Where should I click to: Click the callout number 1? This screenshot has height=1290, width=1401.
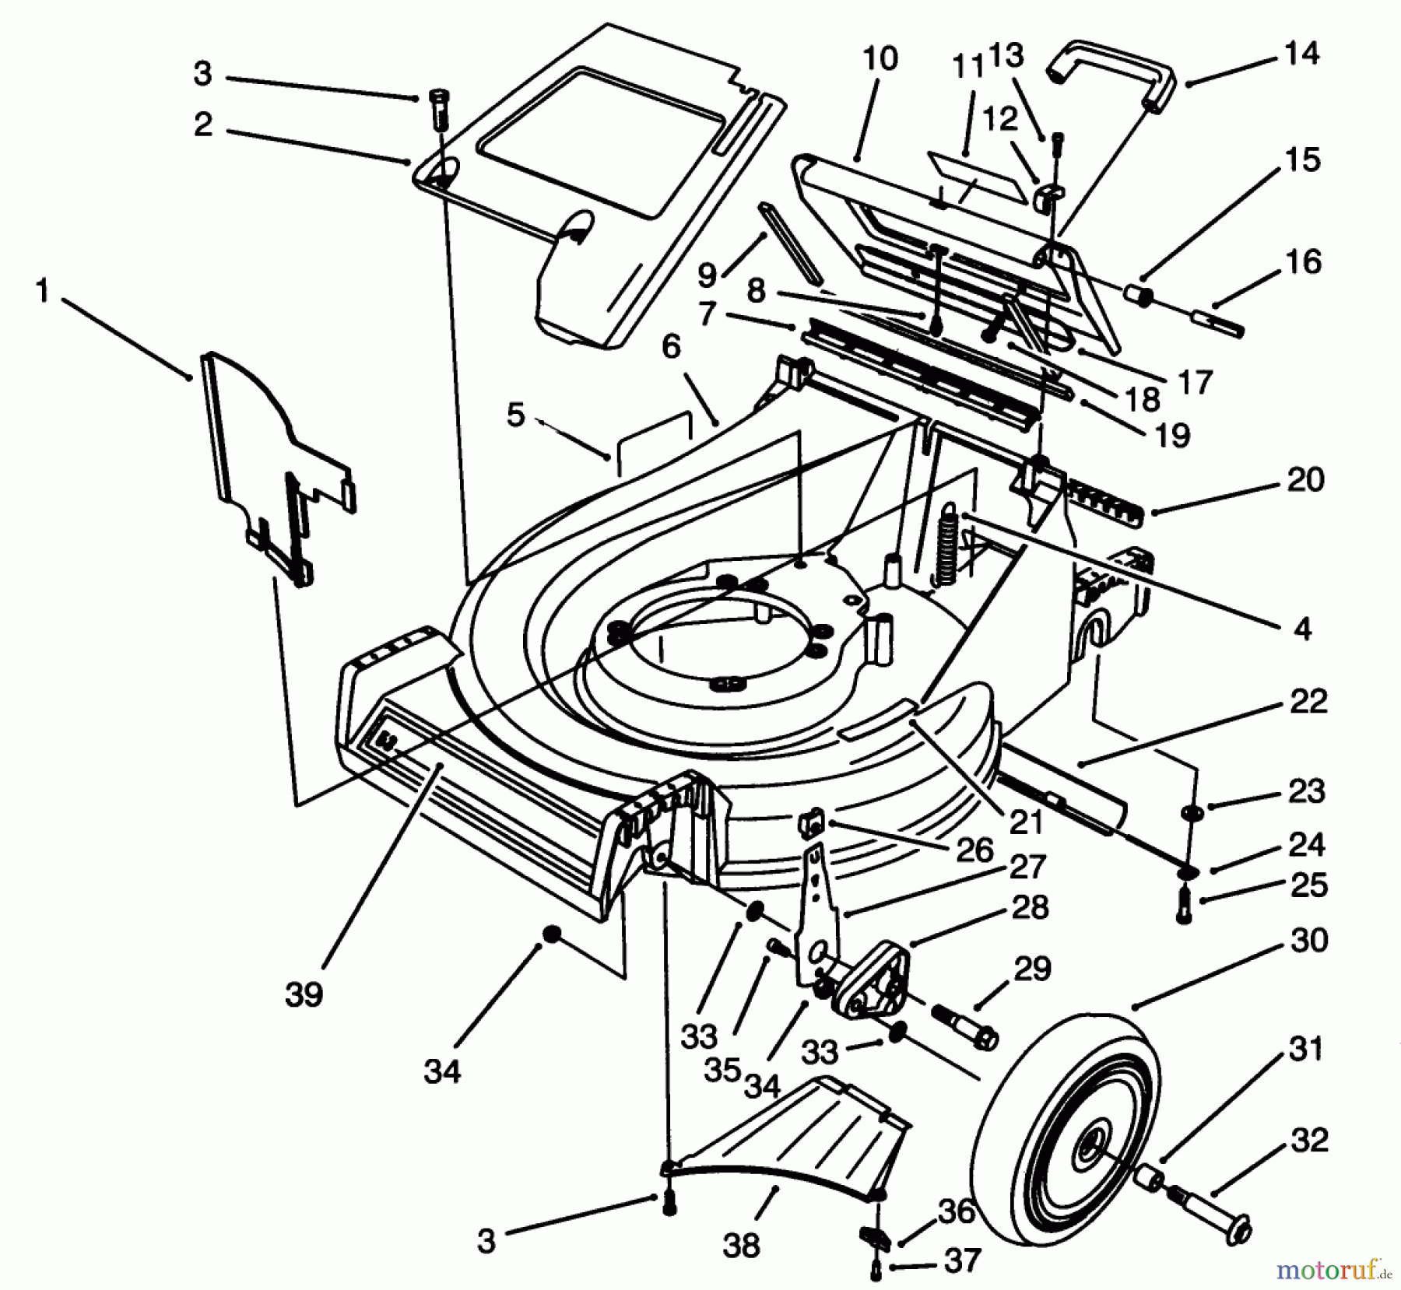tap(42, 293)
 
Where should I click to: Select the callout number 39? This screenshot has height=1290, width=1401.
tap(304, 995)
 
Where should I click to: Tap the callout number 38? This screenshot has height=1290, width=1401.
tap(740, 1246)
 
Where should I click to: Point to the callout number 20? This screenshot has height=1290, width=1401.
tap(1305, 479)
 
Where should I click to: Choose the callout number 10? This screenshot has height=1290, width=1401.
tap(880, 58)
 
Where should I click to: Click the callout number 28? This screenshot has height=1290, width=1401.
tap(1030, 907)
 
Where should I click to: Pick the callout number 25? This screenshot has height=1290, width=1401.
tap(1308, 886)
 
